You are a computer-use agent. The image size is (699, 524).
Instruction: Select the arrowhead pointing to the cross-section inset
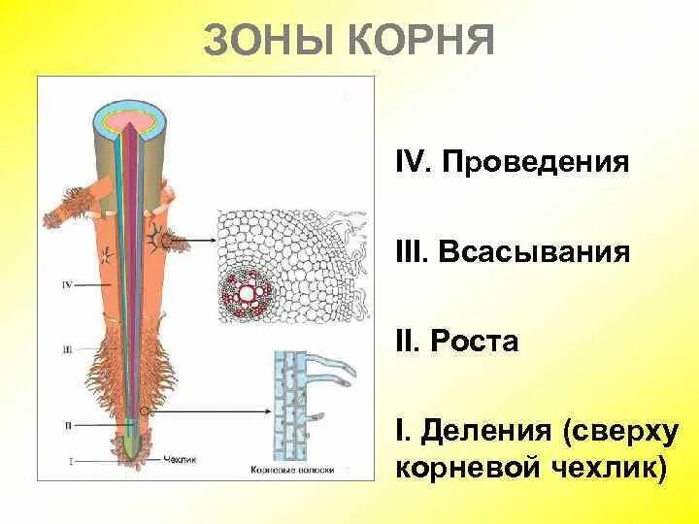pos(211,239)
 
